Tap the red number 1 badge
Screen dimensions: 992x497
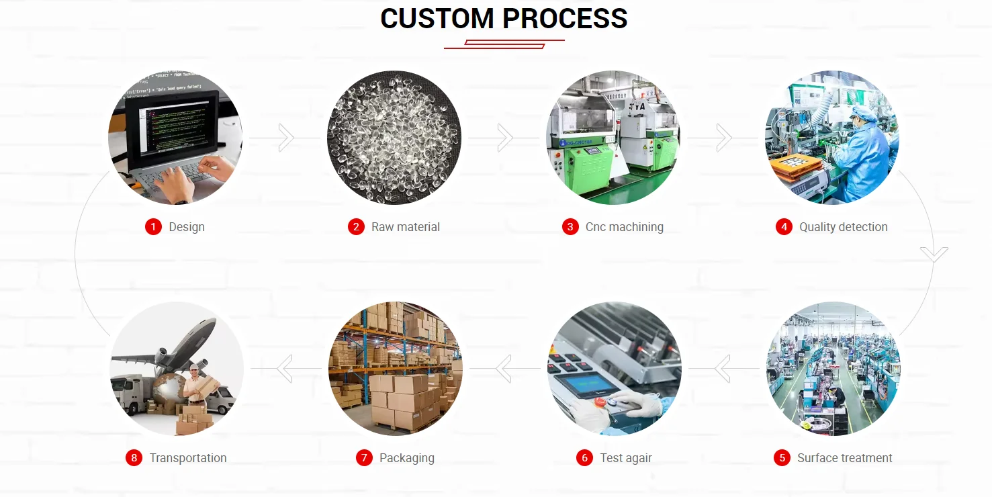[153, 227]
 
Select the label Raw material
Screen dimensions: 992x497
[406, 227]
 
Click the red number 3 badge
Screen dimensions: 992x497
[570, 227]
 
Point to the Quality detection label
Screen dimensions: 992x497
[843, 227]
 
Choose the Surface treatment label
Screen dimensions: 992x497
[844, 458]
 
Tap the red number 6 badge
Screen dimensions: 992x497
[584, 458]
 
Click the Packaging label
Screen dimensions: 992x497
[406, 458]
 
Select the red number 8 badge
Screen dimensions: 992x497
[134, 458]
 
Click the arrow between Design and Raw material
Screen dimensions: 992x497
[286, 138]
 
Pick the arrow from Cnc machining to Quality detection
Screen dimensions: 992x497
[724, 138]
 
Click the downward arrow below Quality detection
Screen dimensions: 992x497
[934, 255]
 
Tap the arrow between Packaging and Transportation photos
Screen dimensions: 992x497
[285, 369]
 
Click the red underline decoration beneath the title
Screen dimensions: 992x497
[504, 44]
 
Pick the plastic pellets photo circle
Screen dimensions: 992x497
[394, 138]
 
